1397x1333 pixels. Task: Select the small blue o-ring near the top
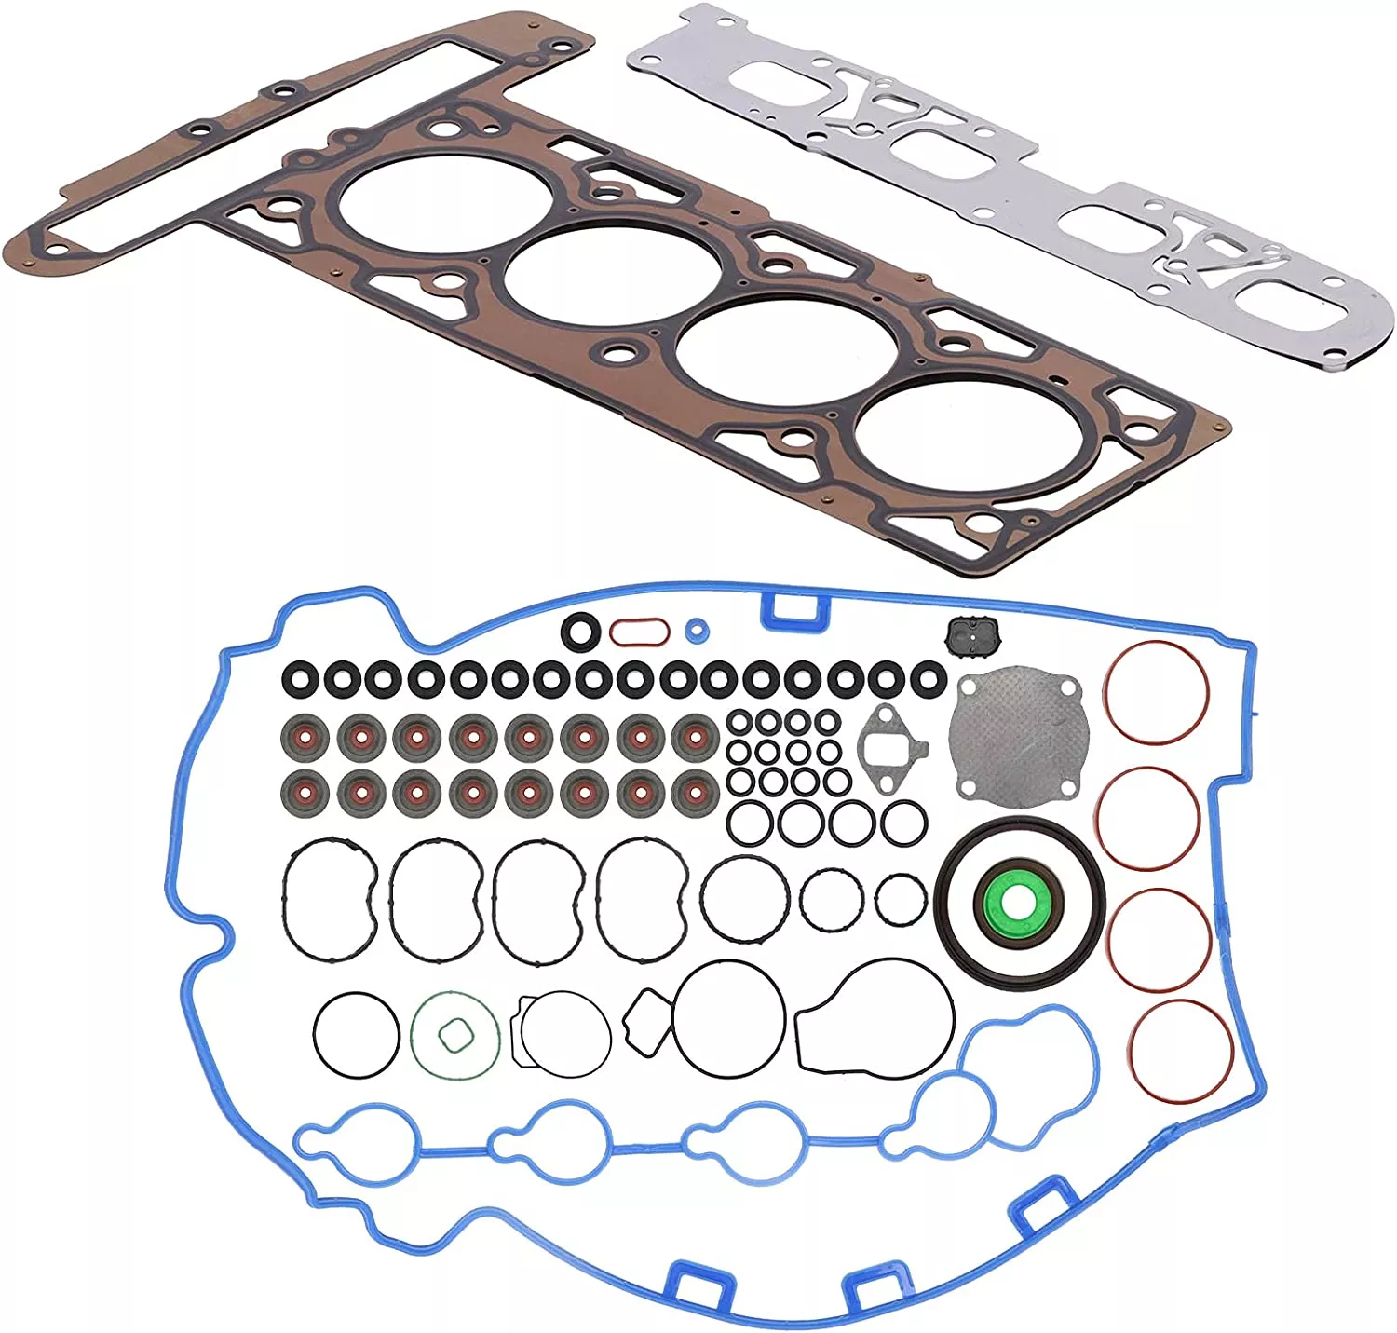click(x=695, y=631)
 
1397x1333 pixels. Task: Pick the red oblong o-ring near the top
click(x=639, y=632)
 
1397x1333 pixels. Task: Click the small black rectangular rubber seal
click(x=974, y=636)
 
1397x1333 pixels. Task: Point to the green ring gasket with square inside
click(x=454, y=1036)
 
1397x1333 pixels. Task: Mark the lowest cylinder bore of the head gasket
click(x=946, y=440)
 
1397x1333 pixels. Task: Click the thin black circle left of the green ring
click(x=357, y=1034)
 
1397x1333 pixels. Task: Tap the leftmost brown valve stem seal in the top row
click(x=304, y=738)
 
